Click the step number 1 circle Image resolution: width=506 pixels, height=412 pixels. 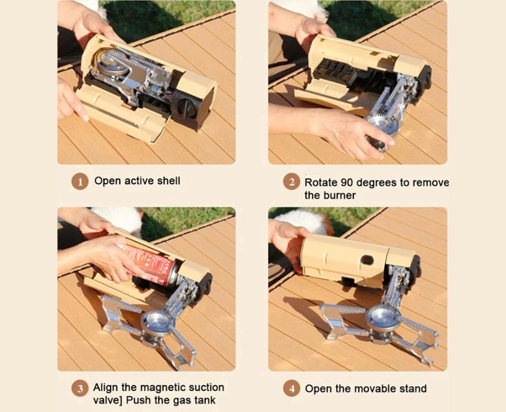(x=79, y=181)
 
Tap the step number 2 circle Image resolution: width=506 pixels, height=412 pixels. (x=291, y=182)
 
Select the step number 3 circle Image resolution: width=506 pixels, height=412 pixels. (x=79, y=388)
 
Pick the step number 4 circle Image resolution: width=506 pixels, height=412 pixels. (x=291, y=388)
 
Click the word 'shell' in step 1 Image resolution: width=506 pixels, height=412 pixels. (x=168, y=181)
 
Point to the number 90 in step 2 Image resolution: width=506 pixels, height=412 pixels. (x=347, y=182)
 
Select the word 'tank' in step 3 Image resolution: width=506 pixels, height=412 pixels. (x=205, y=400)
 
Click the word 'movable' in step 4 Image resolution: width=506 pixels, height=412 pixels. (x=377, y=388)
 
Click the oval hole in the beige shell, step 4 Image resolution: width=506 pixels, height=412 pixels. (x=367, y=260)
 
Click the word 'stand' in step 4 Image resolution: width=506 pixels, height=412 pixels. (x=413, y=388)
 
